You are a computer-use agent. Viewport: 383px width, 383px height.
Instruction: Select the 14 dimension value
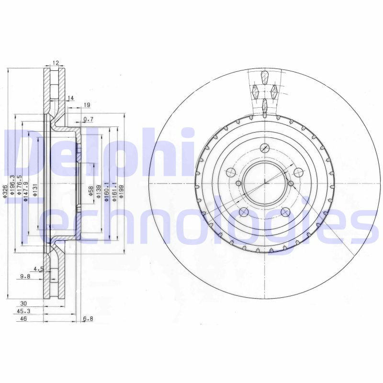(71, 98)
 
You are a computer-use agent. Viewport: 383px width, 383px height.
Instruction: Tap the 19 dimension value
(87, 105)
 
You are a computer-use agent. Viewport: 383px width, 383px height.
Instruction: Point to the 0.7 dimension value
(88, 119)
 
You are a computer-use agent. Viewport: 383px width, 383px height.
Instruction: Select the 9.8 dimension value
(25, 276)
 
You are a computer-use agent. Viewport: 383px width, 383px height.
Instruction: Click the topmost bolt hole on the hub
(264, 148)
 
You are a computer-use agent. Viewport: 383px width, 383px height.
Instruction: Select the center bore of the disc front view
(264, 183)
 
